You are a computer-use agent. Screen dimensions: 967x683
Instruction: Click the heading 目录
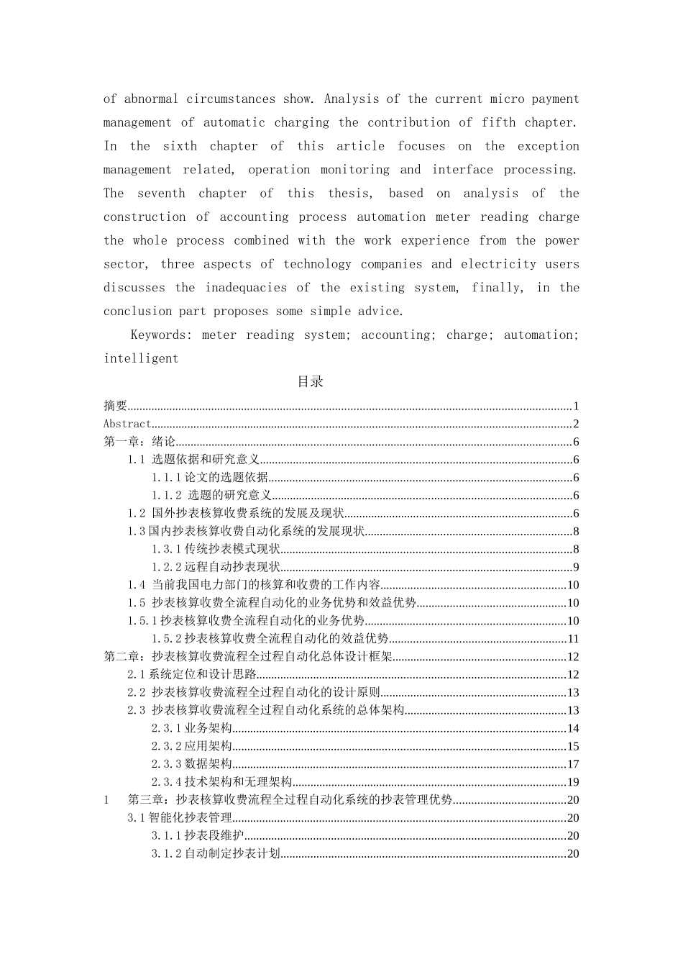point(311,382)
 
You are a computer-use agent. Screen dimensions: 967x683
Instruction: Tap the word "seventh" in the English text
point(161,194)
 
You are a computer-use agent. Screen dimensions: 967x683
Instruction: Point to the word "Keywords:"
point(162,335)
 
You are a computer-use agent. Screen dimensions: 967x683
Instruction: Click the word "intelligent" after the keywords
point(141,358)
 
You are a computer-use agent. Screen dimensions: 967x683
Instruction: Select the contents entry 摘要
point(116,407)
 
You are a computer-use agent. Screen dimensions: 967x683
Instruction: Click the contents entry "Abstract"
point(127,425)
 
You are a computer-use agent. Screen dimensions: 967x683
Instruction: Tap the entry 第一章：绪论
point(139,442)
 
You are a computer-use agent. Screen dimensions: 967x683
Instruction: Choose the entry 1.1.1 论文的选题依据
point(209,478)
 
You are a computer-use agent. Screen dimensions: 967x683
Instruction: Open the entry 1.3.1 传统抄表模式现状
point(215,550)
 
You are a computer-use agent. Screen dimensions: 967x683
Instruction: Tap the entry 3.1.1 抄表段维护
point(197,836)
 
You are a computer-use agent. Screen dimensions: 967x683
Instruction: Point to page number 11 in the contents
point(573,639)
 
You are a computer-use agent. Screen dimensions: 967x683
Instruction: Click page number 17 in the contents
point(573,764)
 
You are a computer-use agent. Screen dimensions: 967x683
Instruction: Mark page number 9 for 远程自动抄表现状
point(576,568)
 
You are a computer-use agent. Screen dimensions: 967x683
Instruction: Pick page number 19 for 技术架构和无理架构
point(573,782)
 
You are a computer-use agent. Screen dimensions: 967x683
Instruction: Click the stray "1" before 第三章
point(106,800)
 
